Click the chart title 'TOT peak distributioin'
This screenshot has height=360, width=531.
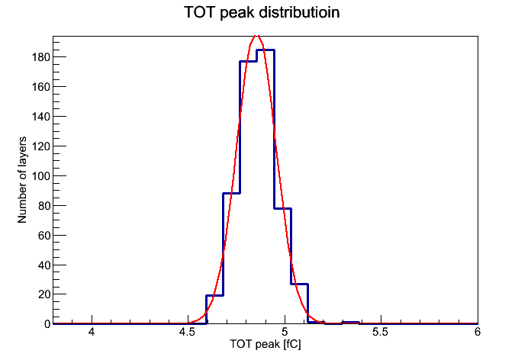point(262,12)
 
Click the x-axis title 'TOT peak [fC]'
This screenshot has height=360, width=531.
point(265,344)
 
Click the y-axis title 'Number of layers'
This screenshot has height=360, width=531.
point(22,180)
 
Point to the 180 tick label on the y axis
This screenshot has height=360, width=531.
point(41,57)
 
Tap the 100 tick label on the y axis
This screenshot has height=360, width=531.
point(41,175)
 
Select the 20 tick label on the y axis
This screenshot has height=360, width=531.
point(44,294)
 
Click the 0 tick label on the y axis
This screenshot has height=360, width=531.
point(47,324)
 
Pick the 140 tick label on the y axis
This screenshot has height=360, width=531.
point(41,116)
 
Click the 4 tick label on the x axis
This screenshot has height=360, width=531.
point(92,332)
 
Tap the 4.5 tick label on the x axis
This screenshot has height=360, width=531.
point(187,332)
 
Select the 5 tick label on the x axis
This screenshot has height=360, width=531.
point(285,332)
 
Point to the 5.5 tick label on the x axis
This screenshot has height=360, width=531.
point(380,332)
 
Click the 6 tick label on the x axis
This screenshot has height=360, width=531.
point(477,332)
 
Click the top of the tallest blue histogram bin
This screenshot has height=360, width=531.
point(265,50)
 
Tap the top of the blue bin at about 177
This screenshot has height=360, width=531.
point(248,61)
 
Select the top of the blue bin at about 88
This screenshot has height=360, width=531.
point(232,193)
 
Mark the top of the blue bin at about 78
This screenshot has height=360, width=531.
point(282,208)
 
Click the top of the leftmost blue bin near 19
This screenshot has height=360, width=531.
point(214,295)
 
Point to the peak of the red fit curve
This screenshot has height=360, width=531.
point(256,36)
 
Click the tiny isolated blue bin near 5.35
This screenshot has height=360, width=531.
point(350,322)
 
